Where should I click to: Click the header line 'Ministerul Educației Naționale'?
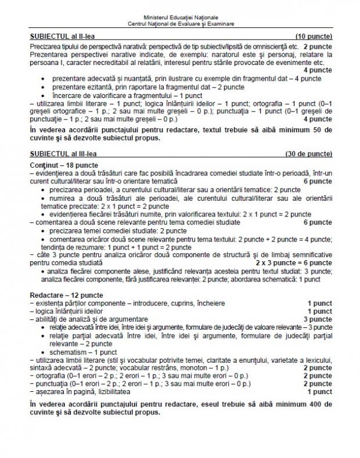tap(180, 17)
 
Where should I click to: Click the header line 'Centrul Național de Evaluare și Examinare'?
tap(180, 23)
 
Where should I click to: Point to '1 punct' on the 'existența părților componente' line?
tap(320, 303)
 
